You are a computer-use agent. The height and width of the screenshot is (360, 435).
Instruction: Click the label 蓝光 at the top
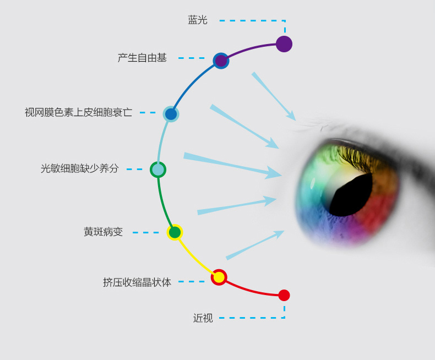(x=198, y=20)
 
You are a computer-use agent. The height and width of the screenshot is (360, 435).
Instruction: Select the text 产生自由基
(x=142, y=58)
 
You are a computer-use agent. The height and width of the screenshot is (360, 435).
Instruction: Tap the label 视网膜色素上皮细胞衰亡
(x=79, y=112)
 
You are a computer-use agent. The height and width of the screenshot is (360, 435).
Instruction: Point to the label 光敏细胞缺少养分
(x=80, y=168)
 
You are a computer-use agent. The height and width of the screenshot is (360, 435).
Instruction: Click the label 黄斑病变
(x=103, y=232)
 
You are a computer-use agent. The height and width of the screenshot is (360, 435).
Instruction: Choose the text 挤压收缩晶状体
(x=137, y=282)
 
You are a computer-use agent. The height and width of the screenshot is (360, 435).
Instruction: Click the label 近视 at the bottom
(x=203, y=318)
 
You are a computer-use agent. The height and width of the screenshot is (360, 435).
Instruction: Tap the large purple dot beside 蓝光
(x=284, y=44)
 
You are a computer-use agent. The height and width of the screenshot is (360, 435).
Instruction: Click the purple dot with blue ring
(x=221, y=61)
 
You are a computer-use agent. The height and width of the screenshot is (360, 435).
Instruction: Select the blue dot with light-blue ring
(x=171, y=114)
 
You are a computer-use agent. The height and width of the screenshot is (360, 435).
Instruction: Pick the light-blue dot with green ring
(x=158, y=170)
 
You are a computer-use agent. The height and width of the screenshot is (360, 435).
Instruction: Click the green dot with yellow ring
(x=175, y=232)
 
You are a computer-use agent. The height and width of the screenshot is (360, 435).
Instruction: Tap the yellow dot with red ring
(x=219, y=277)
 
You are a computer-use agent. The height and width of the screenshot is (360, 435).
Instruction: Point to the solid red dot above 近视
(x=284, y=295)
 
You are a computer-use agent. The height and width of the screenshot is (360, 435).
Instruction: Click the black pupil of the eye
(x=351, y=195)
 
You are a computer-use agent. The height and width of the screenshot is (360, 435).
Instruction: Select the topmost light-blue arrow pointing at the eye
(x=274, y=96)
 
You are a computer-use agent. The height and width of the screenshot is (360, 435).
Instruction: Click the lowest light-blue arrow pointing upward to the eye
(x=255, y=245)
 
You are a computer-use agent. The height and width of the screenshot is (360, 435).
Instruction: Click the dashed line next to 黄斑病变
(x=145, y=232)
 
